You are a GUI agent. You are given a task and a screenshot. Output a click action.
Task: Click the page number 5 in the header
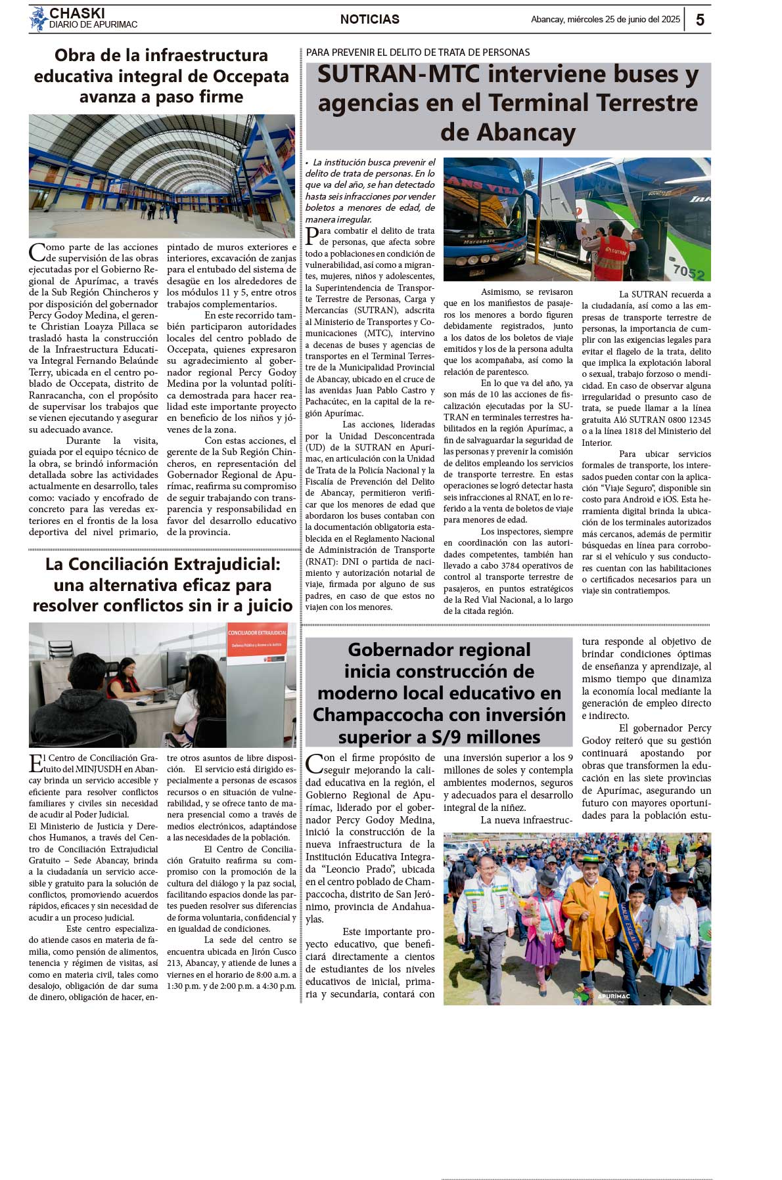click(x=700, y=20)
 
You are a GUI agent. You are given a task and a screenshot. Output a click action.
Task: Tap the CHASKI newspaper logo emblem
click(x=38, y=19)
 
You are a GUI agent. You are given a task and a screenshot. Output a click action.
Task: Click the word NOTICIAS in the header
click(x=369, y=20)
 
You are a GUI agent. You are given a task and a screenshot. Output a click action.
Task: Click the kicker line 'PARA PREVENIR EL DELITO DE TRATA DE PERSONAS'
click(x=418, y=53)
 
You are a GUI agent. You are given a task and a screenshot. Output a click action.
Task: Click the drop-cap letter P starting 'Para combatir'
click(x=313, y=236)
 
